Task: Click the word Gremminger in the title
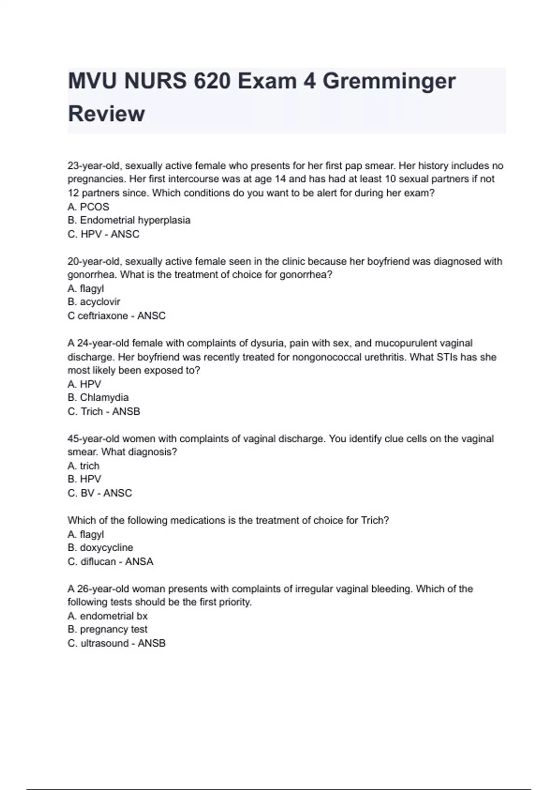[x=389, y=82]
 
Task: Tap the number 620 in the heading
[x=212, y=82]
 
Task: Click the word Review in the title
[x=106, y=114]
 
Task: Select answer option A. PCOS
[x=88, y=207]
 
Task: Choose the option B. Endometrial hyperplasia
[x=129, y=220]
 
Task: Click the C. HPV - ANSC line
[x=103, y=234]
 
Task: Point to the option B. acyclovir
[x=94, y=302]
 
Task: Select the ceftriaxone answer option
[x=116, y=316]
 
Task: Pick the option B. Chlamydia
[x=98, y=398]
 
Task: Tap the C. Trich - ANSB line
[x=104, y=412]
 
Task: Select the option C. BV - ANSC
[x=100, y=493]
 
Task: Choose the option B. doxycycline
[x=100, y=548]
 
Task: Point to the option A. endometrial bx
[x=107, y=616]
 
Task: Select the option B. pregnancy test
[x=107, y=630]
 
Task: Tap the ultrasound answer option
[x=116, y=644]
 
